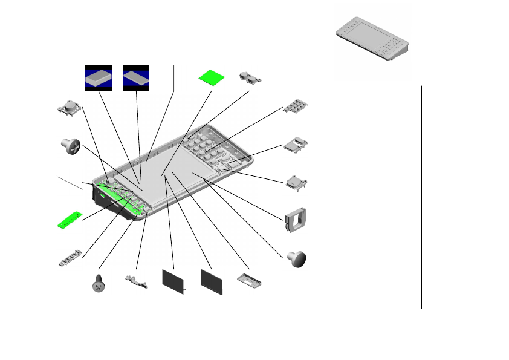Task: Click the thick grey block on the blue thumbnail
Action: pos(99,78)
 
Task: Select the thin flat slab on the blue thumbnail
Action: pos(137,78)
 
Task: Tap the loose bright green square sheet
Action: pos(212,78)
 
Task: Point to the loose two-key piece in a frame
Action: pos(296,143)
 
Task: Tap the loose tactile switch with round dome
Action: pos(71,108)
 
